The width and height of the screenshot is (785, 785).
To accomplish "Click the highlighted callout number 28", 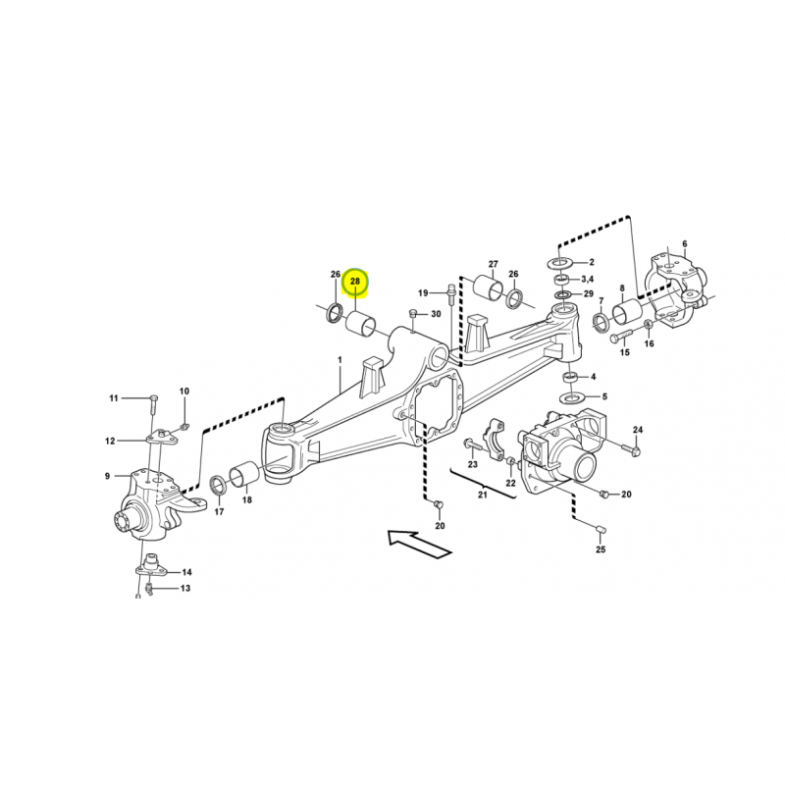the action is [355, 282].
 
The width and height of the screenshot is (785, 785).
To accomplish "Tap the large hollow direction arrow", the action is [420, 544].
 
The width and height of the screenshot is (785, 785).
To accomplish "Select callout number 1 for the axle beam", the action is [340, 360].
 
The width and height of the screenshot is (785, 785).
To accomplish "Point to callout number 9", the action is [107, 476].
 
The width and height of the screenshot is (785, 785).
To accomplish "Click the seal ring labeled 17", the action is [218, 485].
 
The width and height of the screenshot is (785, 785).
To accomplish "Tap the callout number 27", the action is [494, 264].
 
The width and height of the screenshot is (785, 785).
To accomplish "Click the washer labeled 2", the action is [563, 262].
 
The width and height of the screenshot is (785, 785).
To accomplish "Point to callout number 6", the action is [685, 244].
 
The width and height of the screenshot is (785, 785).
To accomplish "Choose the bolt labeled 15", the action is [620, 337].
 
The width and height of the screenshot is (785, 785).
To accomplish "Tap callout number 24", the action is [637, 430].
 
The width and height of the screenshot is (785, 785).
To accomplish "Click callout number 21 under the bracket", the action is [482, 496].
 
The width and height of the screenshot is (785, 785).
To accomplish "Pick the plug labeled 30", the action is [413, 313].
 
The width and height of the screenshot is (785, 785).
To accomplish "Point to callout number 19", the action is [423, 292].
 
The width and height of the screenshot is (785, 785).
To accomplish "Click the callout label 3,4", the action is [587, 279].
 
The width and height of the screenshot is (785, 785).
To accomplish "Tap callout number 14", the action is [186, 572].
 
